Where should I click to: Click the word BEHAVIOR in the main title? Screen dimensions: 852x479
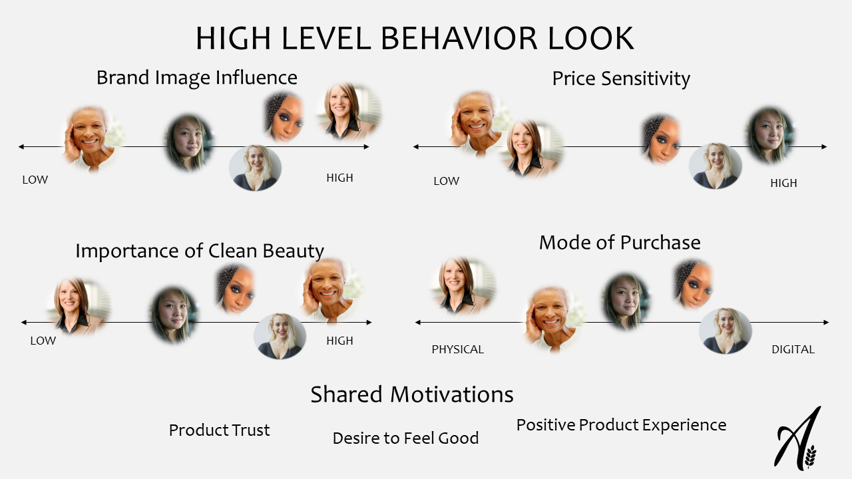tap(459, 38)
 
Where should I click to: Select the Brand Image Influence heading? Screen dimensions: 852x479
tap(196, 78)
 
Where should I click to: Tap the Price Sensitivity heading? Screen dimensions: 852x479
tap(621, 79)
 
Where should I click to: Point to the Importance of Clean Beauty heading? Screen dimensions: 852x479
tap(200, 251)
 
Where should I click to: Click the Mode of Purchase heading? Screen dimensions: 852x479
tap(620, 243)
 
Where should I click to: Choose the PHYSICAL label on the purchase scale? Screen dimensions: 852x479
tap(457, 349)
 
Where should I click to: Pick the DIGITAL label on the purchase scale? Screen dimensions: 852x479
tap(793, 349)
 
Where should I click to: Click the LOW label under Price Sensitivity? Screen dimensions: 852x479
tap(447, 181)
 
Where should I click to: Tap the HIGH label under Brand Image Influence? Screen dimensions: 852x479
tap(339, 178)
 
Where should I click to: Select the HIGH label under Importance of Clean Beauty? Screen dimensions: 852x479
tap(339, 341)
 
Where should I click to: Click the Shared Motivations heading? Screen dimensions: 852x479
tap(412, 395)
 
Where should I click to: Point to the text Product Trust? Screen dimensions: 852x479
tap(219, 430)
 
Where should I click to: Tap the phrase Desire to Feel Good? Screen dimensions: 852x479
tap(405, 438)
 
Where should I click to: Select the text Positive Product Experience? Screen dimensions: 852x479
tap(621, 425)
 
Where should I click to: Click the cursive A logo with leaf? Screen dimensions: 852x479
tap(797, 438)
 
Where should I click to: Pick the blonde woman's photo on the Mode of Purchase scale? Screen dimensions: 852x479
tap(726, 331)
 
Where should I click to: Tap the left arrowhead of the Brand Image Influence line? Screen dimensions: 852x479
tap(21, 147)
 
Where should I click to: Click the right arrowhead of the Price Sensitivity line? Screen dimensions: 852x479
tap(824, 147)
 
